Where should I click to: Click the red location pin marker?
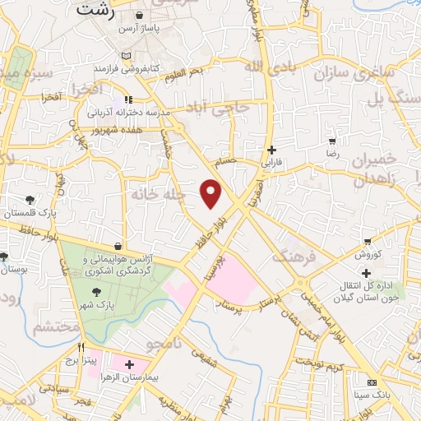211,192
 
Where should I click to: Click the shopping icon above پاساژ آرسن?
140,16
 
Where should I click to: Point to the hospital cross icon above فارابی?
272,150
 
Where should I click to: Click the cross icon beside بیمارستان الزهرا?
129,363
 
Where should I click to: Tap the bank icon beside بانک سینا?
372,383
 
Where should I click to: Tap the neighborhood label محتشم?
56,326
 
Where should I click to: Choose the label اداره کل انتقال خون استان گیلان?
362,291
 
